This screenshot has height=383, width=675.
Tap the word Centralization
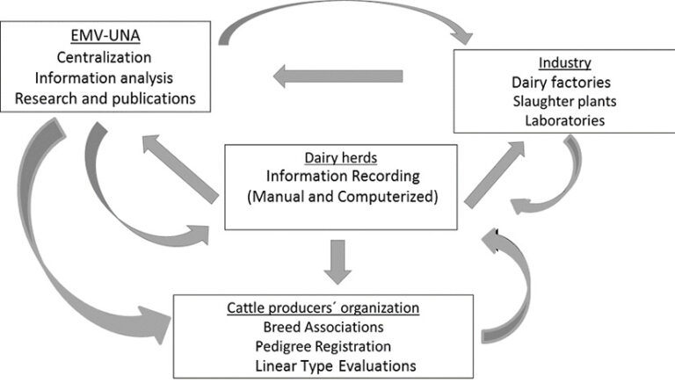[x=105, y=58]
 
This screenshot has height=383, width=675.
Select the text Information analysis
[x=105, y=77]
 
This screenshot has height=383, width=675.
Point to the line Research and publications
[x=105, y=98]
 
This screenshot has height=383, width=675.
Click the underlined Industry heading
[x=564, y=64]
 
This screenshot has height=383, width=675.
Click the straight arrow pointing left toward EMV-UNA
[x=338, y=77]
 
